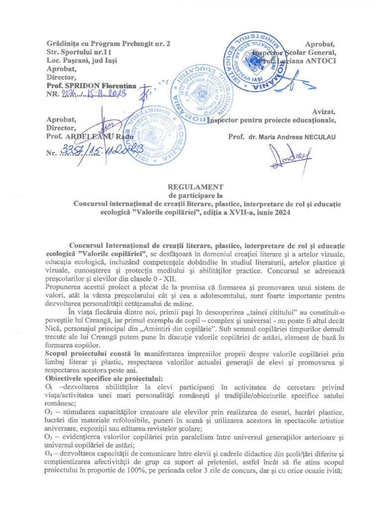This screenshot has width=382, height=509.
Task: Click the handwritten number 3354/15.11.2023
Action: click(x=102, y=151)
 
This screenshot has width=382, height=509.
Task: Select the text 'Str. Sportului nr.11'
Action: click(x=79, y=52)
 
